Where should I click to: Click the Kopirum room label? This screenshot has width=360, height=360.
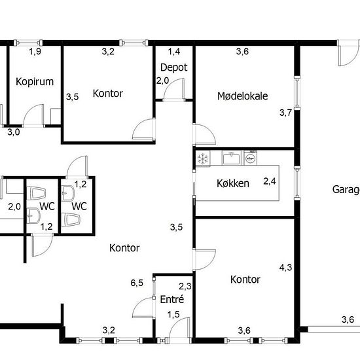click(34, 82)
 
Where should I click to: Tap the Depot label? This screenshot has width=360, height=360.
click(173, 67)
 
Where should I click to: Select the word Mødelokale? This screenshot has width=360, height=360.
click(243, 96)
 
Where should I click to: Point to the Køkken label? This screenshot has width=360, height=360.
click(233, 183)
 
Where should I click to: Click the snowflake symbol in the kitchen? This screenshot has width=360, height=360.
click(203, 158)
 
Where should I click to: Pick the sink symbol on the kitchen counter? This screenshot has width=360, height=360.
click(230, 158)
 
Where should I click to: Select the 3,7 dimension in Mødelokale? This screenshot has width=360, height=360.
click(285, 113)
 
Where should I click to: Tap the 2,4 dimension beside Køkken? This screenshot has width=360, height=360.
click(270, 181)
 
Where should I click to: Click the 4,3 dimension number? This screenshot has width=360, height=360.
click(285, 267)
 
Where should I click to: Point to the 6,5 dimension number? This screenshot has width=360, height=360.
click(137, 283)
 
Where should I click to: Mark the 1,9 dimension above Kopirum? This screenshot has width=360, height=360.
click(35, 51)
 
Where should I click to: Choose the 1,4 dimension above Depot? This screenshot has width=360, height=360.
click(173, 51)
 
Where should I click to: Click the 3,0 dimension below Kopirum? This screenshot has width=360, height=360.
click(14, 132)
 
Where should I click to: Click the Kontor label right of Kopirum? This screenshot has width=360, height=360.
click(108, 93)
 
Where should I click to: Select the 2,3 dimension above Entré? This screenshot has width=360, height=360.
click(185, 285)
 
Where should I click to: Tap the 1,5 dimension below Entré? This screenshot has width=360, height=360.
click(173, 315)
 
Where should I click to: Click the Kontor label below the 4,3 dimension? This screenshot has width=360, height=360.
click(245, 279)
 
